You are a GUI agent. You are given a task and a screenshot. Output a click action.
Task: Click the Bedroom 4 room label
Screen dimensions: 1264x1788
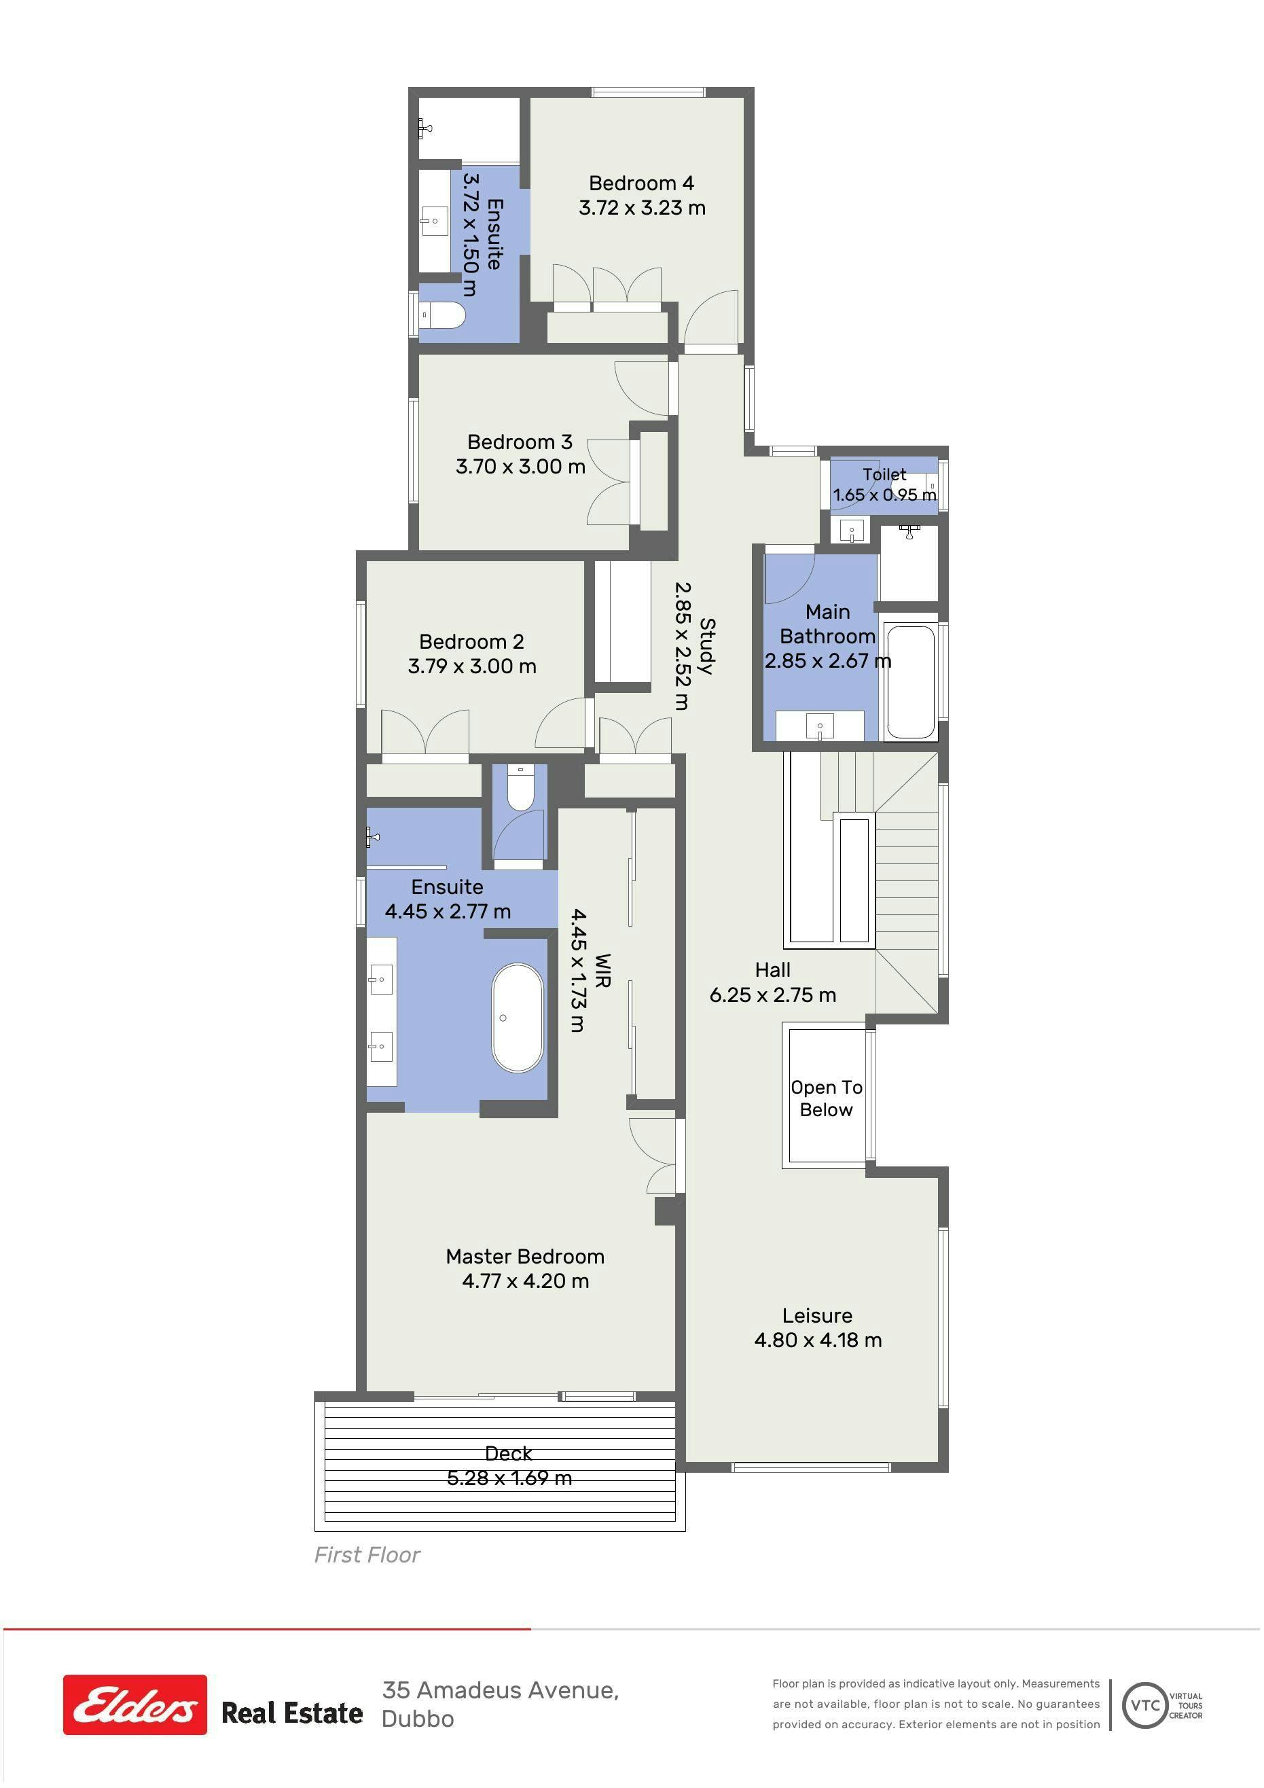pyautogui.click(x=641, y=183)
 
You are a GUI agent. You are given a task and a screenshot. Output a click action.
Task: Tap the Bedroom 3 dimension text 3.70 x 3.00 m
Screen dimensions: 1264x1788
pyautogui.click(x=520, y=467)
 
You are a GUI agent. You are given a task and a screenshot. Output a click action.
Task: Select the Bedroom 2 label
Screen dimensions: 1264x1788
pyautogui.click(x=471, y=642)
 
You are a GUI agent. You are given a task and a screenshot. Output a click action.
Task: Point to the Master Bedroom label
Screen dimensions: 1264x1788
pyautogui.click(x=525, y=1256)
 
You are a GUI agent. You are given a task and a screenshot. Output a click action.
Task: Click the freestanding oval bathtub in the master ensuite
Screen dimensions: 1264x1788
pyautogui.click(x=517, y=1018)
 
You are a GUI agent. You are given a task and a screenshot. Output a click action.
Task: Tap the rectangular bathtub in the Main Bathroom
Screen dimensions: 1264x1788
pyautogui.click(x=909, y=681)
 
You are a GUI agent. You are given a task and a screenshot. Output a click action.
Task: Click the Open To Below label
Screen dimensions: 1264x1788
pyautogui.click(x=827, y=1098)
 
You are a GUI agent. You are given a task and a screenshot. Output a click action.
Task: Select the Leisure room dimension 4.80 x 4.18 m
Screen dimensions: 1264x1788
pyautogui.click(x=818, y=1340)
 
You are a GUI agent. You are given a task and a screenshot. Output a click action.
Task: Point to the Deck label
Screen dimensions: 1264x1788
pyautogui.click(x=508, y=1453)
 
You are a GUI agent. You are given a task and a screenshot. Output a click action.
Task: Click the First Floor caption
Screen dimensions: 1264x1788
pyautogui.click(x=367, y=1555)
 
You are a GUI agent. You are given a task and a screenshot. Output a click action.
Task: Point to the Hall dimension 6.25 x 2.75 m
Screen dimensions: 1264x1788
pyautogui.click(x=772, y=995)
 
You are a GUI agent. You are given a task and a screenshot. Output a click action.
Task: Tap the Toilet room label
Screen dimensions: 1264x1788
pyautogui.click(x=884, y=474)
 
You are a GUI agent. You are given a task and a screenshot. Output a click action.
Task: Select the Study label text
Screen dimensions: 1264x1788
pyautogui.click(x=707, y=645)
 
